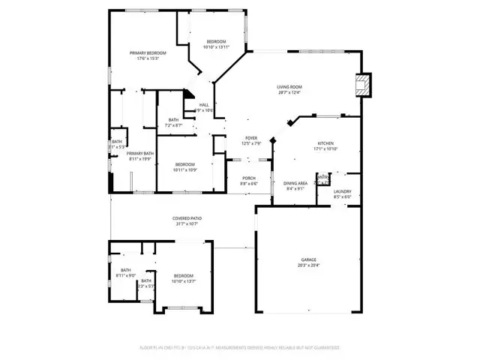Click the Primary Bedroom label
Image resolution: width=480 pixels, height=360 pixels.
coord(148,52)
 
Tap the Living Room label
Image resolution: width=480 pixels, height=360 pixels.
coord(289,87)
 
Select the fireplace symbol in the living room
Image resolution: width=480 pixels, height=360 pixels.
coord(363,84)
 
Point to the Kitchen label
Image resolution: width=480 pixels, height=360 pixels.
coord(325,143)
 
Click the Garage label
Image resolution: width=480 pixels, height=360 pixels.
coord(309,259)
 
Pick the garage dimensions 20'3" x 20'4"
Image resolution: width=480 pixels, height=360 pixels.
coord(309,265)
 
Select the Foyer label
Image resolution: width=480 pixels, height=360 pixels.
coord(251,138)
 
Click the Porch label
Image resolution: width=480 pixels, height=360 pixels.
coord(249,178)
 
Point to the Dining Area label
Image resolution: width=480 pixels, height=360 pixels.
coord(295,183)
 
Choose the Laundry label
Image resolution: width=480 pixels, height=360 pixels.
coord(343,191)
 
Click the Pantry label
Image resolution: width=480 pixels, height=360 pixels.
coord(322,178)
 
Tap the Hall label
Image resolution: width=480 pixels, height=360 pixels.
coord(204,105)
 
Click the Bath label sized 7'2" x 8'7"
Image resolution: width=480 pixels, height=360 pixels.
coord(174,119)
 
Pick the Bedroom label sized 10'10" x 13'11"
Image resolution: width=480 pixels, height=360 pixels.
coord(217,41)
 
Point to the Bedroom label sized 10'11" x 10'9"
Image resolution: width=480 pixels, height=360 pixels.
coord(185,164)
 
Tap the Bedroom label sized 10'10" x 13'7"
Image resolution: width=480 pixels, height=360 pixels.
coord(183,276)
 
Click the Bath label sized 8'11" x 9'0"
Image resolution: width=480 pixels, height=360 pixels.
coord(126,270)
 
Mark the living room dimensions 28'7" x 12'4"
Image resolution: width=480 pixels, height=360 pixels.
coord(289,93)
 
